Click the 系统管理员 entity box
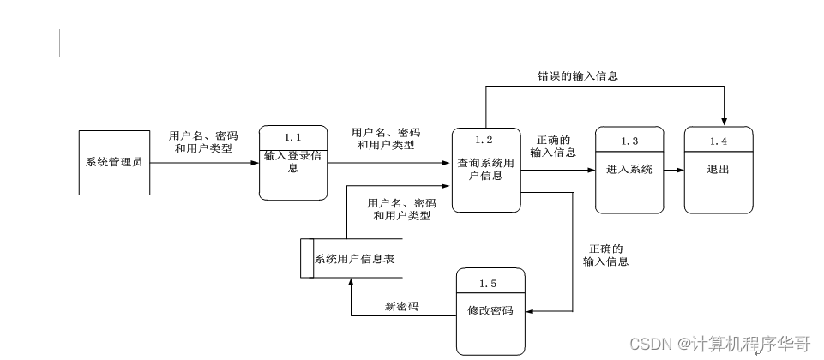[x=114, y=162]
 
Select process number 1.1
[x=293, y=137]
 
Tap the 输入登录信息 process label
[x=293, y=162]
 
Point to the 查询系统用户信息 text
[x=485, y=170]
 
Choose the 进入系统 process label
[x=629, y=170]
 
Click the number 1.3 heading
[x=629, y=141]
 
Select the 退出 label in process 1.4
[x=719, y=170]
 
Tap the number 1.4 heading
[x=719, y=141]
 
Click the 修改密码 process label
[x=490, y=311]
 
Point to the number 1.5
[x=489, y=283]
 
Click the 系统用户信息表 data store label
[x=354, y=259]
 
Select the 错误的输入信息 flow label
[x=572, y=75]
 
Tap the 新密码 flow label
[x=401, y=306]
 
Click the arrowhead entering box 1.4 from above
[x=725, y=121]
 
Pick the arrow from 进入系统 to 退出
[x=674, y=170]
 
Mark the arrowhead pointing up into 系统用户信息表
[x=350, y=284]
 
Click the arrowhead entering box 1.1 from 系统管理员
[x=255, y=162]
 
